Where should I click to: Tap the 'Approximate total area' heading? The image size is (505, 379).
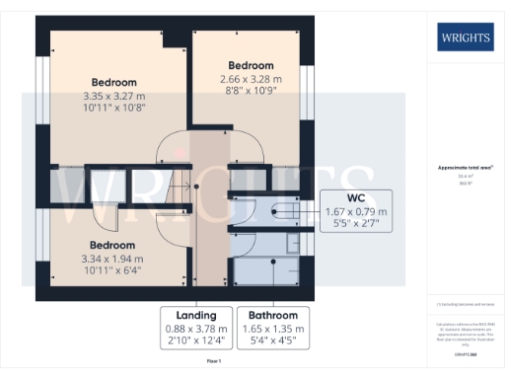pos(466,168)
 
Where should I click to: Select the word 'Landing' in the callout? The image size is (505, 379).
pos(197,315)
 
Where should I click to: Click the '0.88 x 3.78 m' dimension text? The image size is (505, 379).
pos(197,328)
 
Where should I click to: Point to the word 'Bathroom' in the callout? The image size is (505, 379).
pos(272,315)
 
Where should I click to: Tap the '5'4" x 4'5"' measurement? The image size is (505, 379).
pos(272,341)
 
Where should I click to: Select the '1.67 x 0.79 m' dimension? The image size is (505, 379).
pos(357,212)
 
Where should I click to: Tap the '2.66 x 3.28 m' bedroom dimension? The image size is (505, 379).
pos(251,80)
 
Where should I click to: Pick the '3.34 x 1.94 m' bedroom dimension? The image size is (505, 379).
pos(113,259)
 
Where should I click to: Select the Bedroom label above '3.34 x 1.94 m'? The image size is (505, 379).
pos(113,244)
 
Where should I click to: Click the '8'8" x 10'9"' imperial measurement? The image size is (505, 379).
pos(251,94)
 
